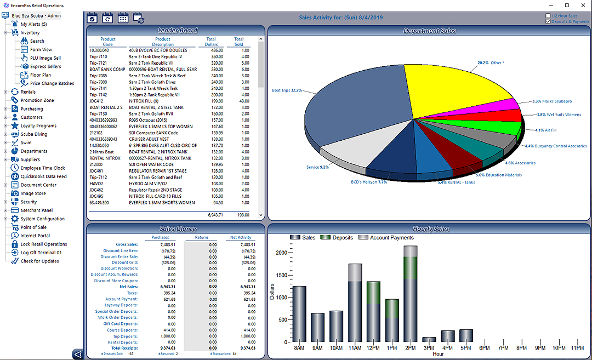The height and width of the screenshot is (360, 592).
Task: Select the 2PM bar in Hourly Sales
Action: pyautogui.click(x=411, y=296)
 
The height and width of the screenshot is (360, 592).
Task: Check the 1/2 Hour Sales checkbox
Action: pyautogui.click(x=548, y=16)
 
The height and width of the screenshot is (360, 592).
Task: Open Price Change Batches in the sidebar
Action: pyautogui.click(x=52, y=83)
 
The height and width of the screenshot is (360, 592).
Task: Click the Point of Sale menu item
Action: pyautogui.click(x=33, y=227)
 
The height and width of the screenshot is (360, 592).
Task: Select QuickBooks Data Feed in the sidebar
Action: pyautogui.click(x=43, y=176)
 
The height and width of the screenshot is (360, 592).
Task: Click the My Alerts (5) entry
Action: pyautogui.click(x=33, y=24)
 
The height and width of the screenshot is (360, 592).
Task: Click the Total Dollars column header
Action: pyautogui.click(x=210, y=42)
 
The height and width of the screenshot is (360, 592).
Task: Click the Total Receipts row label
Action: pyautogui.click(x=124, y=348)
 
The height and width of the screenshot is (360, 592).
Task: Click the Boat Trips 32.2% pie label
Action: pyautogui.click(x=287, y=90)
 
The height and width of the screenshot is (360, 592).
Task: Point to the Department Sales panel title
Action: pyautogui.click(x=429, y=31)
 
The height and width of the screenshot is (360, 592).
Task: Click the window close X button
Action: pyautogui.click(x=583, y=5)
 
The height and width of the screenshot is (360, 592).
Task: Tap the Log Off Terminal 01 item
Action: pyautogui.click(x=41, y=253)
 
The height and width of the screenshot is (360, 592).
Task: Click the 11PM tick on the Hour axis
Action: pyautogui.click(x=577, y=348)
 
